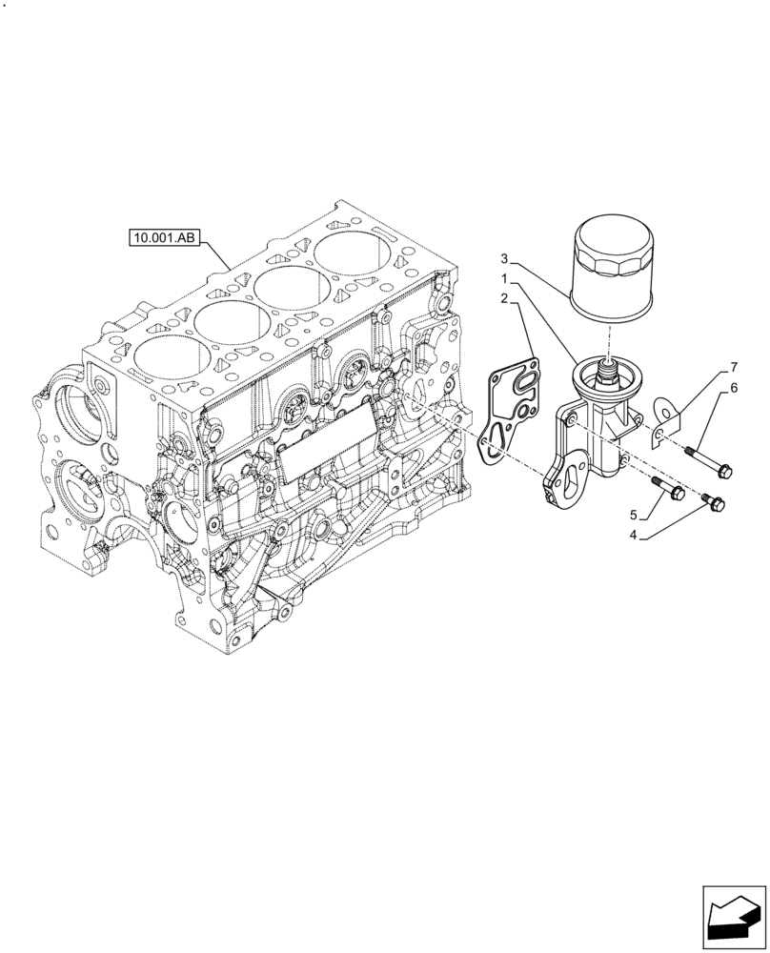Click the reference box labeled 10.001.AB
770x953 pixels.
(164, 237)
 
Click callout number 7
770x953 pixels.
(734, 366)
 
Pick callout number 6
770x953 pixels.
(734, 387)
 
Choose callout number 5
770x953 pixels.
(633, 516)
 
